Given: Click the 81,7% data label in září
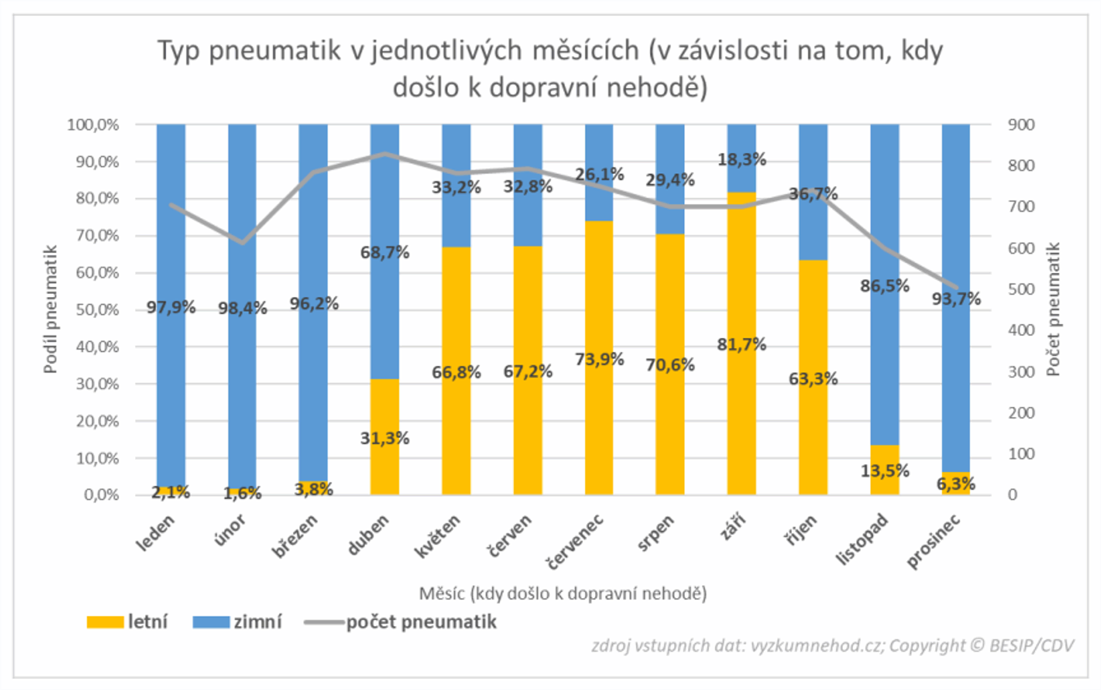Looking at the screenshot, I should coord(741,344).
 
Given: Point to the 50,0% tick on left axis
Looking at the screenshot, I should coord(97,310).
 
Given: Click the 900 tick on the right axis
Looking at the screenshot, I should coord(1021,125).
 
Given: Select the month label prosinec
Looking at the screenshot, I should coord(934,542).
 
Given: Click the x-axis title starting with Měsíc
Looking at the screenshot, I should coord(563,594).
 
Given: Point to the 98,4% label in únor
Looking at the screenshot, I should coord(242,308).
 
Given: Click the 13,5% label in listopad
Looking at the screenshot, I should coord(884,471).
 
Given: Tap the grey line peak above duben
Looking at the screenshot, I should coord(384,154).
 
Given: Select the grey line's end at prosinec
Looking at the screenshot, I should coord(956,288).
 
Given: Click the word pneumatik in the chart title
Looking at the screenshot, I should coord(275,50).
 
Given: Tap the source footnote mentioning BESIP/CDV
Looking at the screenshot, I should coord(832,645).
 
